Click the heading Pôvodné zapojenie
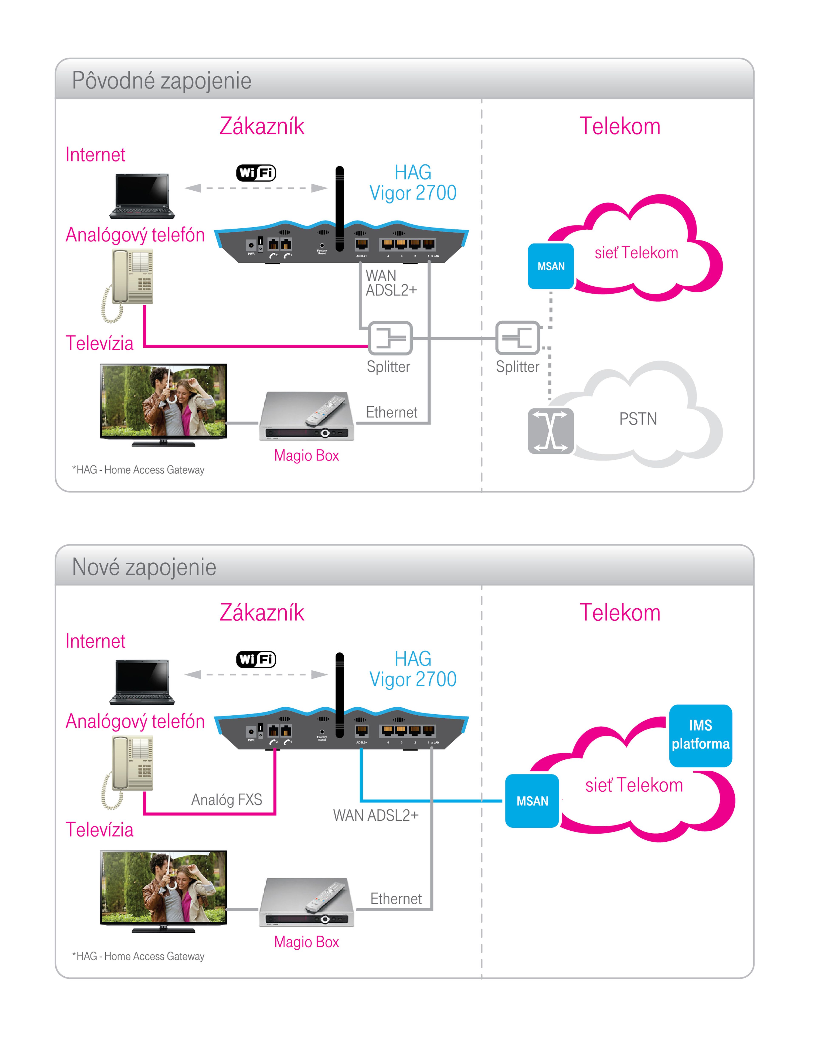tap(161, 80)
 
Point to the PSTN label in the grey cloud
tap(638, 419)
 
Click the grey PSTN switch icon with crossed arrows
tap(550, 431)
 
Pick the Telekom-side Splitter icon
tap(517, 338)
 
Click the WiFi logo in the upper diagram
tap(256, 173)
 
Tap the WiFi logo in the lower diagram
tap(256, 659)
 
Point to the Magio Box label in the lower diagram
tap(306, 942)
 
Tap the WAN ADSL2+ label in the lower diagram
tap(375, 815)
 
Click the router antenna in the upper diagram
tap(339, 208)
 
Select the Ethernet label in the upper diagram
tap(391, 412)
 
